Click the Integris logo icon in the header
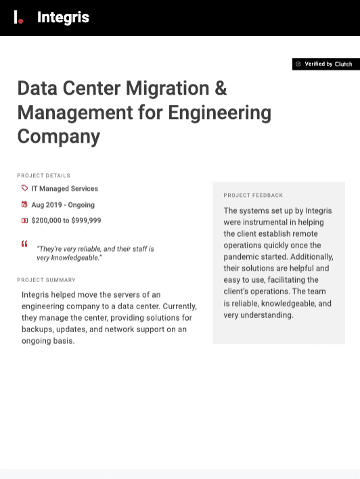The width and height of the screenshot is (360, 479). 18,18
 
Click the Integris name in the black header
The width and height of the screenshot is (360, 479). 63,18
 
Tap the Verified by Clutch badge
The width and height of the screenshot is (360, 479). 325,64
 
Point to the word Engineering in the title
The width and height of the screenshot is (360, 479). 219,112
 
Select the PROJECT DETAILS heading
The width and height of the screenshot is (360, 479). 43,175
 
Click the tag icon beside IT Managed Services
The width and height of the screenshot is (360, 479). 24,189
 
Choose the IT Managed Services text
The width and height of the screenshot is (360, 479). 64,189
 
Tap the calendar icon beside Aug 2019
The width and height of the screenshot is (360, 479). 24,204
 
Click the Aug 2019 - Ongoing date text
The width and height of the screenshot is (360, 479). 63,205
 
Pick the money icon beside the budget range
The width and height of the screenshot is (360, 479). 24,221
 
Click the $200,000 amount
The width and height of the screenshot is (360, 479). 46,221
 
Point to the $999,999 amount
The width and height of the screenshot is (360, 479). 86,221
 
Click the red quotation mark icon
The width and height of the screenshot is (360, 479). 24,244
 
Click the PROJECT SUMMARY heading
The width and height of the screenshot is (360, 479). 46,279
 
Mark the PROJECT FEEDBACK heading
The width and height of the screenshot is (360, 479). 253,195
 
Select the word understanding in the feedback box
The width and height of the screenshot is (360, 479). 267,315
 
